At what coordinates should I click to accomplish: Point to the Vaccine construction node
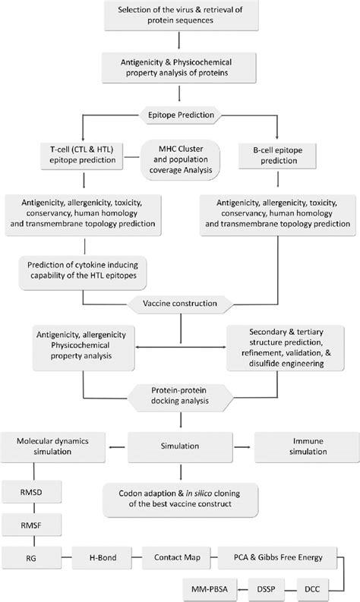[x=180, y=304]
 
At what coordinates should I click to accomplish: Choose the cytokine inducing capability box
[x=82, y=273]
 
